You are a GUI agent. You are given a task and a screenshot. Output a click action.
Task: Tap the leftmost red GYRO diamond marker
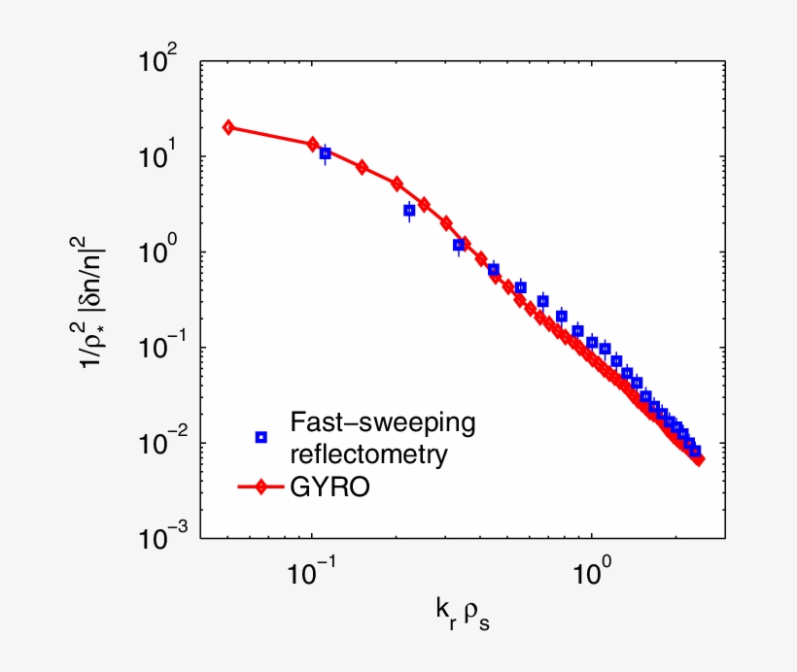[228, 127]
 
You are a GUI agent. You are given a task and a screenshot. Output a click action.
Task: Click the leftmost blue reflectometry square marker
[326, 153]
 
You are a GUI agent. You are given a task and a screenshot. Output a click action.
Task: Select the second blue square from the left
[409, 210]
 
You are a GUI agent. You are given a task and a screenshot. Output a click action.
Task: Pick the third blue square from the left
[459, 246]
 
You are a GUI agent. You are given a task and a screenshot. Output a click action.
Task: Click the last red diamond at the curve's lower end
[699, 459]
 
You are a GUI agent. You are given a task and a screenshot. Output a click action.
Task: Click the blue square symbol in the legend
[260, 437]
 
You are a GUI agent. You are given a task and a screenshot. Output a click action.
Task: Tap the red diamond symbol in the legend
[260, 487]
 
